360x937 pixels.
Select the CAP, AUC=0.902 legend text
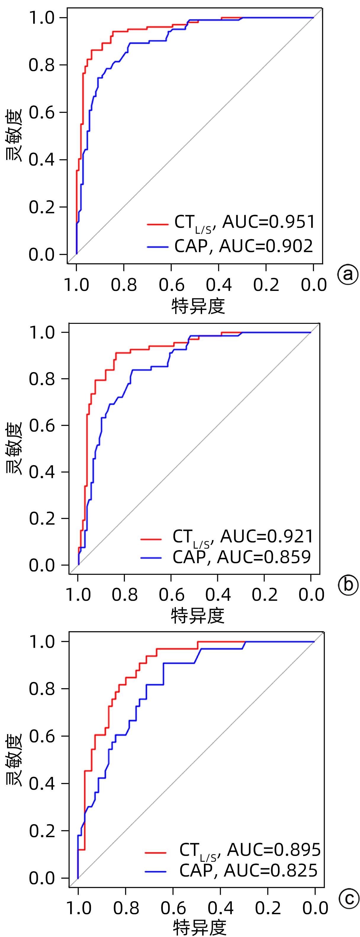point(243,246)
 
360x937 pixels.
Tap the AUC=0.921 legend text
point(267,536)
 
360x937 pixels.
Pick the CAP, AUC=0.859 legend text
point(242,557)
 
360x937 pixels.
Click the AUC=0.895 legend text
point(274,849)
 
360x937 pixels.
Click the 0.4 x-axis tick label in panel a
point(219,285)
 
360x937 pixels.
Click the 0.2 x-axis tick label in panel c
point(268,908)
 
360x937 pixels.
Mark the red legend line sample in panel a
point(158,225)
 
